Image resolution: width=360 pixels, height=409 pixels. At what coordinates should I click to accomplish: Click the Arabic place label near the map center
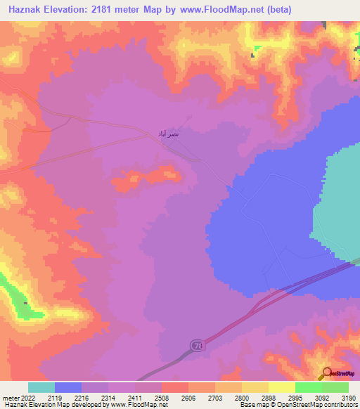(168, 133)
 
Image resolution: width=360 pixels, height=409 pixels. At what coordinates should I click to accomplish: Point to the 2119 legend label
(55, 398)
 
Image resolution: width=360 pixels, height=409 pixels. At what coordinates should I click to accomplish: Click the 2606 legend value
(188, 398)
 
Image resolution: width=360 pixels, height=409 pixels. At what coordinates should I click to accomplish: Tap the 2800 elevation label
(242, 398)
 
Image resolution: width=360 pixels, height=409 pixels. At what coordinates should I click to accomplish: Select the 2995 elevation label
(295, 398)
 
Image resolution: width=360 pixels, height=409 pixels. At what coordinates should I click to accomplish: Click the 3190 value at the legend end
(347, 398)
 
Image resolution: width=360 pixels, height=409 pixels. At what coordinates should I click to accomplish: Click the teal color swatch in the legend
(41, 387)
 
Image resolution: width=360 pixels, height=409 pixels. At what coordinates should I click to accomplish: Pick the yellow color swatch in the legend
(255, 387)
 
